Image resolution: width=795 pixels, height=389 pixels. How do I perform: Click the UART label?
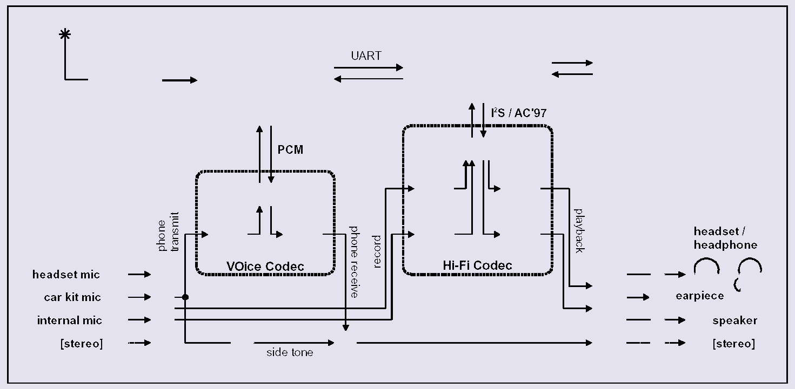click(x=366, y=56)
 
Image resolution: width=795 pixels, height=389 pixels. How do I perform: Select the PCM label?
click(x=290, y=149)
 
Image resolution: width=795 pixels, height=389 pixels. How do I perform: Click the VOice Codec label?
click(x=265, y=266)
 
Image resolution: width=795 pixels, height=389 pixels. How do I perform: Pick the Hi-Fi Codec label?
click(x=477, y=265)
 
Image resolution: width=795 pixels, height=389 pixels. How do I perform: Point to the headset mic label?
click(x=66, y=275)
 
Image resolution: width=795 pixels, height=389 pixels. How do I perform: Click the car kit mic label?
click(x=72, y=297)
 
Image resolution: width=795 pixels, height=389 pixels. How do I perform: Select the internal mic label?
click(x=69, y=320)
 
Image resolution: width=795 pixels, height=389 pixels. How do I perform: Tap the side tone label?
click(x=290, y=353)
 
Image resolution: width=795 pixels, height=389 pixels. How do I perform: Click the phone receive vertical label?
click(x=353, y=262)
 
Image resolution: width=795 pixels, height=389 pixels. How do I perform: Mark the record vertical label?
click(x=377, y=251)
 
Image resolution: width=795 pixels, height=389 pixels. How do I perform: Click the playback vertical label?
click(x=578, y=230)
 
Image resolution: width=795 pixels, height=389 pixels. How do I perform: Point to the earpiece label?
click(x=699, y=296)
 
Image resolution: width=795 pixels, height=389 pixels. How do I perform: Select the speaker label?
click(x=734, y=320)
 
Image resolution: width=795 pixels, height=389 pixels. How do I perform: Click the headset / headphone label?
click(x=725, y=238)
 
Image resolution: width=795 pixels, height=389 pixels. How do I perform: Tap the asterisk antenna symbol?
click(x=65, y=35)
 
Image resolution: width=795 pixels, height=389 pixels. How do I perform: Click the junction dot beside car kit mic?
click(x=185, y=297)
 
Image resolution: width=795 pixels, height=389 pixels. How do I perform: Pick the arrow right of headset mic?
click(x=139, y=275)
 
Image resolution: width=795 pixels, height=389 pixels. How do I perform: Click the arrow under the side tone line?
click(x=294, y=343)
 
